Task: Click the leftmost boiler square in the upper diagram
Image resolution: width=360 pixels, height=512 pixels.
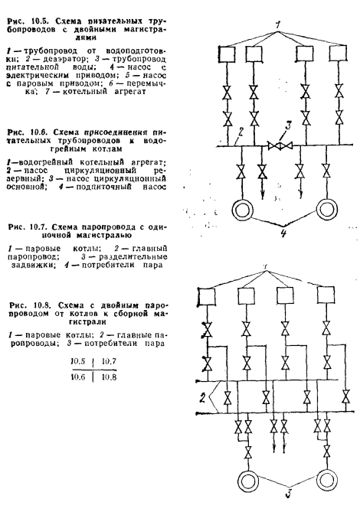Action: pos(227,54)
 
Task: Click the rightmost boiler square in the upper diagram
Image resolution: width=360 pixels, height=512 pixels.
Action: pos(338,54)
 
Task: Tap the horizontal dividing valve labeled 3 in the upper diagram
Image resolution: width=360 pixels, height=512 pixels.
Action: pos(280,145)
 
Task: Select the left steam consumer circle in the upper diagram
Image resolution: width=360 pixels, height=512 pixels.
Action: pos(242,209)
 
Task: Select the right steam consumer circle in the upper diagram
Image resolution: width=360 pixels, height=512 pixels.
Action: pos(327,209)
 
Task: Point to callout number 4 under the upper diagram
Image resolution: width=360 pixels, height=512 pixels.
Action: pos(283,233)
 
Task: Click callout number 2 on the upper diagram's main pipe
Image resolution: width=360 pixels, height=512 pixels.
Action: pos(241,132)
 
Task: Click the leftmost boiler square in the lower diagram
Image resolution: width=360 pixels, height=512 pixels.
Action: pos(207,296)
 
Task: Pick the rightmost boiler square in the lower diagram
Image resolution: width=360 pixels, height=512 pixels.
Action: pos(326,295)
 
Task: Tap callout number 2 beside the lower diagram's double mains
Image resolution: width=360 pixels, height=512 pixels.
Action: pos(202,399)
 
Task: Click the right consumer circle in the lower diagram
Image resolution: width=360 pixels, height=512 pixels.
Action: pos(327,479)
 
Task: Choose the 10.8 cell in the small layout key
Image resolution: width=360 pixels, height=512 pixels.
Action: pos(109,377)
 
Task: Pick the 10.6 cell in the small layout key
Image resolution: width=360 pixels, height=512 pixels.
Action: pos(78,377)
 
